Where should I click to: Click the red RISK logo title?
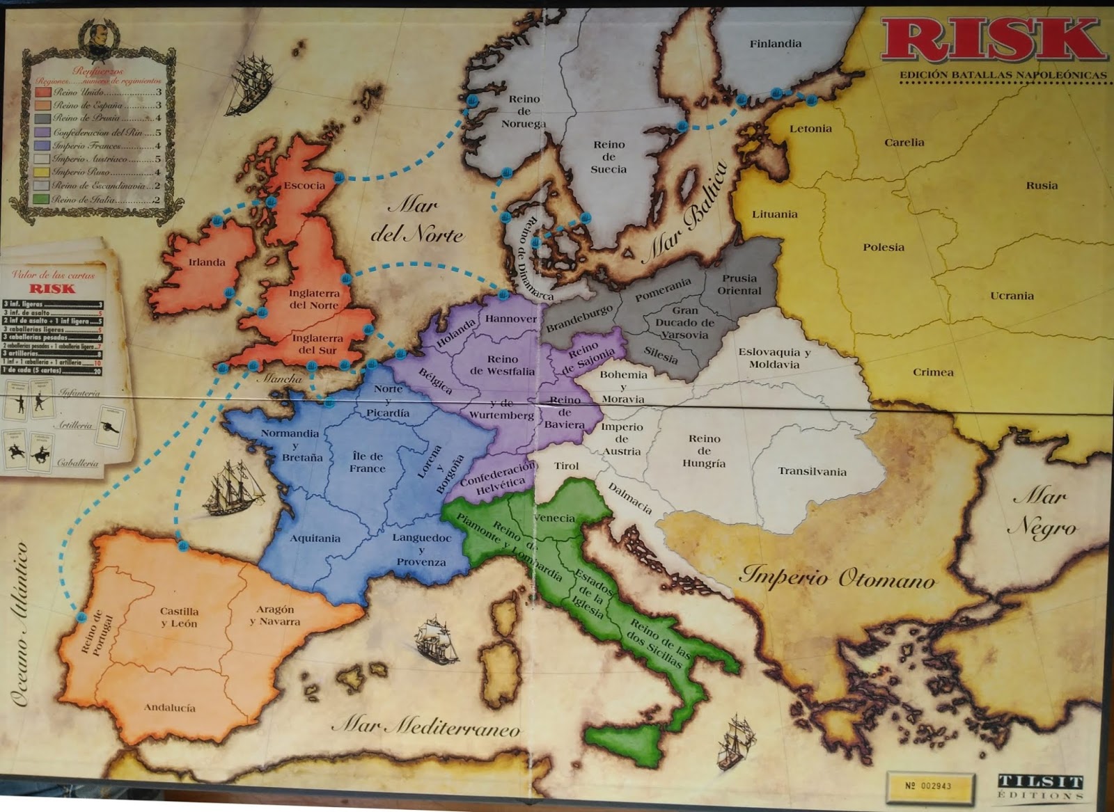tap(992, 40)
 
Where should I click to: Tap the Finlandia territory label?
tap(775, 44)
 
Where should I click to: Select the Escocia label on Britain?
tap(304, 186)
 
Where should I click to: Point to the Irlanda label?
tap(207, 262)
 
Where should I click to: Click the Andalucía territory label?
tap(170, 708)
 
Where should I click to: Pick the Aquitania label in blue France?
tap(315, 538)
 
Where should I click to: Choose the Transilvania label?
tap(812, 472)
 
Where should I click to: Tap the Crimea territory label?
tap(933, 372)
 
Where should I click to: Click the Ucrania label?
tap(1012, 296)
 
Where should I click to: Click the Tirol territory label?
tap(566, 465)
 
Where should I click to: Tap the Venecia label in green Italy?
tap(555, 518)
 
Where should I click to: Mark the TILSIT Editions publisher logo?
tap(1040, 786)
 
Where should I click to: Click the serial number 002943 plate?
tap(928, 786)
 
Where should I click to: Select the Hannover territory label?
tap(511, 319)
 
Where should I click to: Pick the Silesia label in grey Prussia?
tap(661, 356)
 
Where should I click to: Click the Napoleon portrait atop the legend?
tap(98, 40)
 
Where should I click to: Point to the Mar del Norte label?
tap(416, 219)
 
